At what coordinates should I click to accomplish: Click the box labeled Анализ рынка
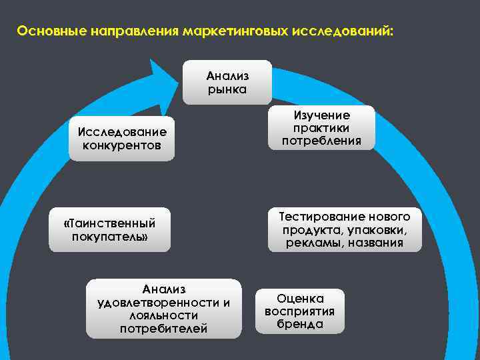pyautogui.click(x=227, y=82)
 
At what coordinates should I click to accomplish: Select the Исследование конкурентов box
pyautogui.click(x=121, y=139)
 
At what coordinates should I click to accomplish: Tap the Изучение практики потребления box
pyautogui.click(x=321, y=127)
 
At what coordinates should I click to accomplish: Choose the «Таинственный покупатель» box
pyautogui.click(x=109, y=230)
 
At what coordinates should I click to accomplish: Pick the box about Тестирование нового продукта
pyautogui.click(x=345, y=229)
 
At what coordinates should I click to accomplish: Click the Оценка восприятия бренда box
pyautogui.click(x=299, y=311)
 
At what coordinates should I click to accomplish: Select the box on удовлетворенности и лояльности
pyautogui.click(x=163, y=309)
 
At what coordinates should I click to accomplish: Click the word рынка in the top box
pyautogui.click(x=227, y=89)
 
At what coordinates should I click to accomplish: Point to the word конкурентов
pyautogui.click(x=121, y=146)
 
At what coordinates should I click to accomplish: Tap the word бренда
pyautogui.click(x=300, y=325)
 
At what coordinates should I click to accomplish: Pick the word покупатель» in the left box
pyautogui.click(x=109, y=237)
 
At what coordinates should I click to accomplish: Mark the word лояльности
pyautogui.click(x=164, y=315)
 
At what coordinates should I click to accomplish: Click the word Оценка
pyautogui.click(x=300, y=299)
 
